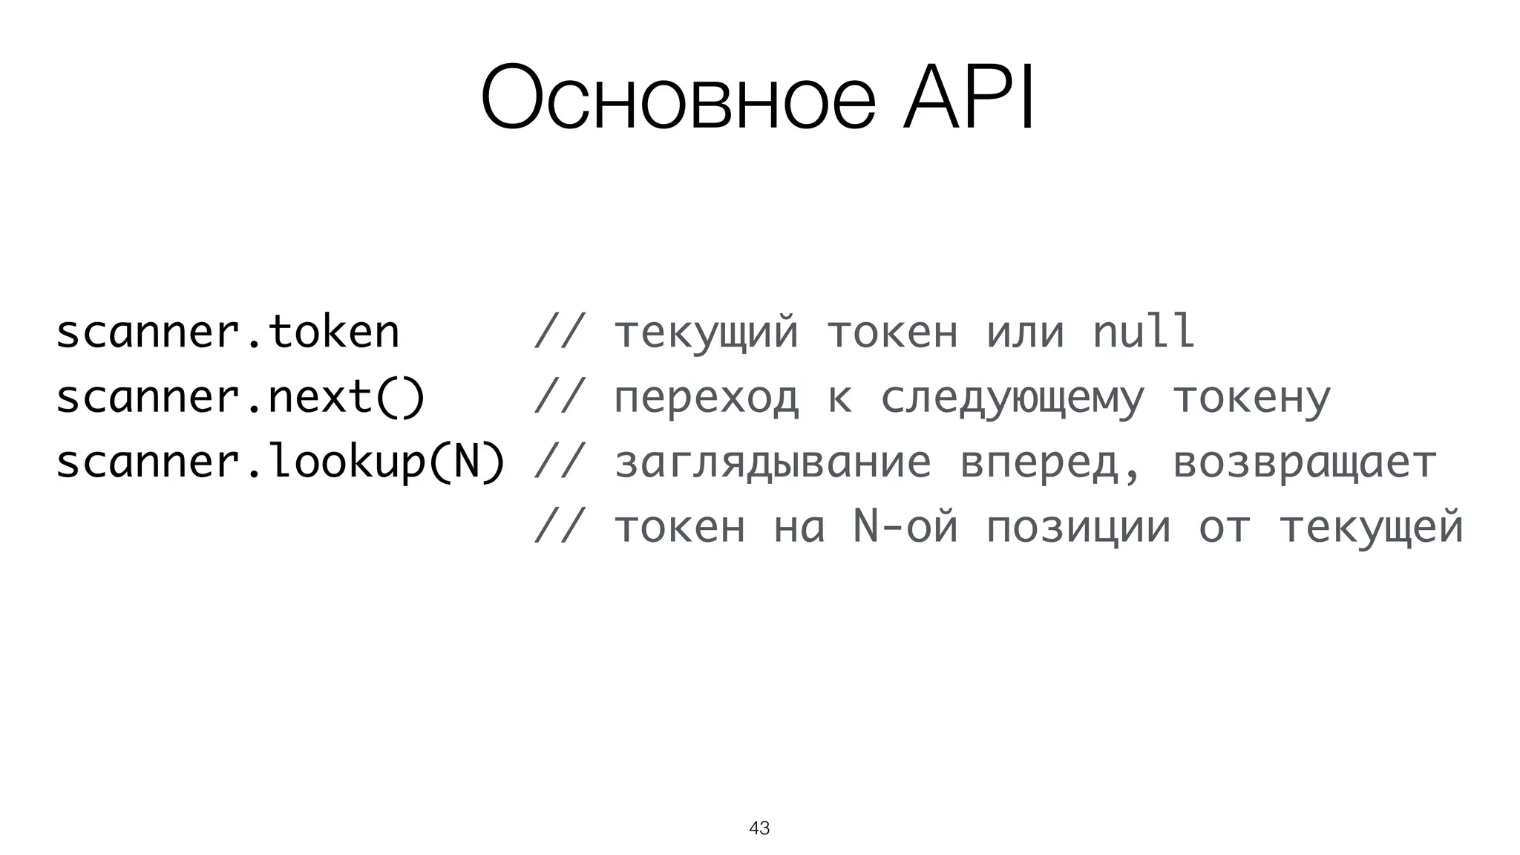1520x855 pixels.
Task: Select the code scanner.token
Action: (x=227, y=332)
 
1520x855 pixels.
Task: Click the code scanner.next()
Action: (x=240, y=397)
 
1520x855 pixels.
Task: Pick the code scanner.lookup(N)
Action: (x=281, y=462)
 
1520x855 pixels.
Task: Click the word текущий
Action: (x=706, y=333)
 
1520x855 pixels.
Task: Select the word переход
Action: (x=706, y=398)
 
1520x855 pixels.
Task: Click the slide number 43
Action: (x=759, y=828)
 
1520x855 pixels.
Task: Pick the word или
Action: (x=1025, y=332)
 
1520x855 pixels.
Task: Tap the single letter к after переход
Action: (x=839, y=399)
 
